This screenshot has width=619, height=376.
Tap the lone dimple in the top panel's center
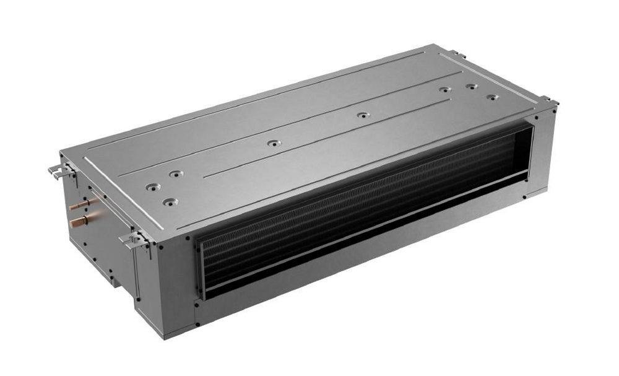[x=274, y=143]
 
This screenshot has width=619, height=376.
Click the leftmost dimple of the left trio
[x=152, y=186]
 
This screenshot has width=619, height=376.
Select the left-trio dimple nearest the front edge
[x=169, y=201]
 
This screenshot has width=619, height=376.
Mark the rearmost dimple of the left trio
[x=176, y=174]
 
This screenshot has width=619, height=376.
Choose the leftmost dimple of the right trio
[x=444, y=90]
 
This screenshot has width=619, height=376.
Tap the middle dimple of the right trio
[x=471, y=86]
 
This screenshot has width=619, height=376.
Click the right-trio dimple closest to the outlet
[x=491, y=97]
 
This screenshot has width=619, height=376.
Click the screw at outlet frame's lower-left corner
[x=198, y=304]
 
